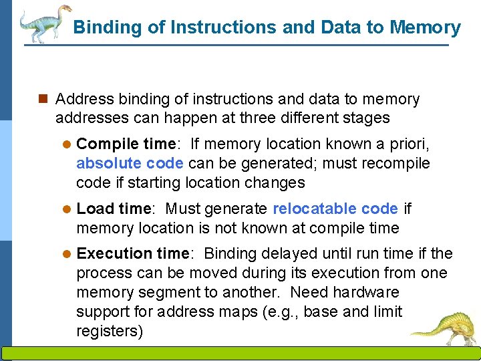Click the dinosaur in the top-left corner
click(x=44, y=23)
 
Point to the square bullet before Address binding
click(x=43, y=100)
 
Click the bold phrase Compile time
click(x=125, y=144)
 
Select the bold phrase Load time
click(x=114, y=209)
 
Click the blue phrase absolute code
click(x=130, y=163)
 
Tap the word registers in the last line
click(x=110, y=332)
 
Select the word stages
click(x=366, y=118)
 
